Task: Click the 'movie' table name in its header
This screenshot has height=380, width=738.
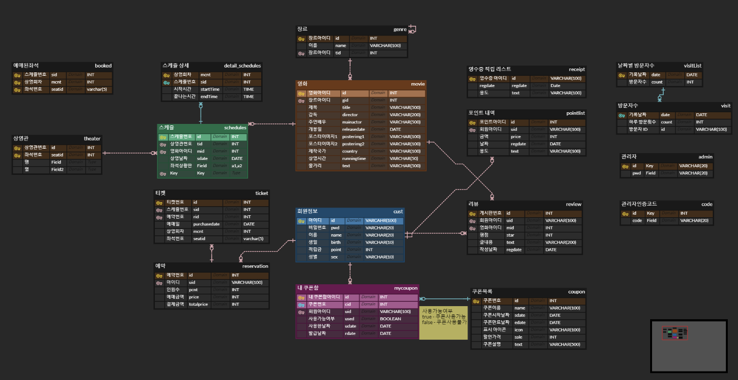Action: coord(418,84)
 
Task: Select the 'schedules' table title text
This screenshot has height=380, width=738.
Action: coord(235,128)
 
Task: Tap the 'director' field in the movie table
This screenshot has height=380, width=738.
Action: coord(350,115)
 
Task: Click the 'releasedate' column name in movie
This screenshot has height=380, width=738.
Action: coord(353,129)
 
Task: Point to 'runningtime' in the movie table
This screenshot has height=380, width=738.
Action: coord(354,158)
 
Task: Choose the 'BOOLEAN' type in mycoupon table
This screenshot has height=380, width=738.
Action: coord(390,319)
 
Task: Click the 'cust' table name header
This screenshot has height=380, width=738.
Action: coord(398,211)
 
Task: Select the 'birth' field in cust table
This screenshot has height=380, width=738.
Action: coord(336,242)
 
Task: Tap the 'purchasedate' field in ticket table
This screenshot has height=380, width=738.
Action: coord(206,224)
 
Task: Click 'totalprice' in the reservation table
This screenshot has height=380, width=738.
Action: coord(199,304)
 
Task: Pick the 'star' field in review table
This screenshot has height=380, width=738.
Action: coord(509,235)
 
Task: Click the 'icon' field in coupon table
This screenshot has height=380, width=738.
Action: coord(519,330)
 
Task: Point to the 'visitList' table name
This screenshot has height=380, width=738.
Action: coord(692,66)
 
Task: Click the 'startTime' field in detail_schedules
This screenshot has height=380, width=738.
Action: coord(210,89)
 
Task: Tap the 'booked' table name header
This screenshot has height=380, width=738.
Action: coord(103,66)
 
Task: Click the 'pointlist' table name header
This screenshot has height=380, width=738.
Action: coord(575,113)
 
